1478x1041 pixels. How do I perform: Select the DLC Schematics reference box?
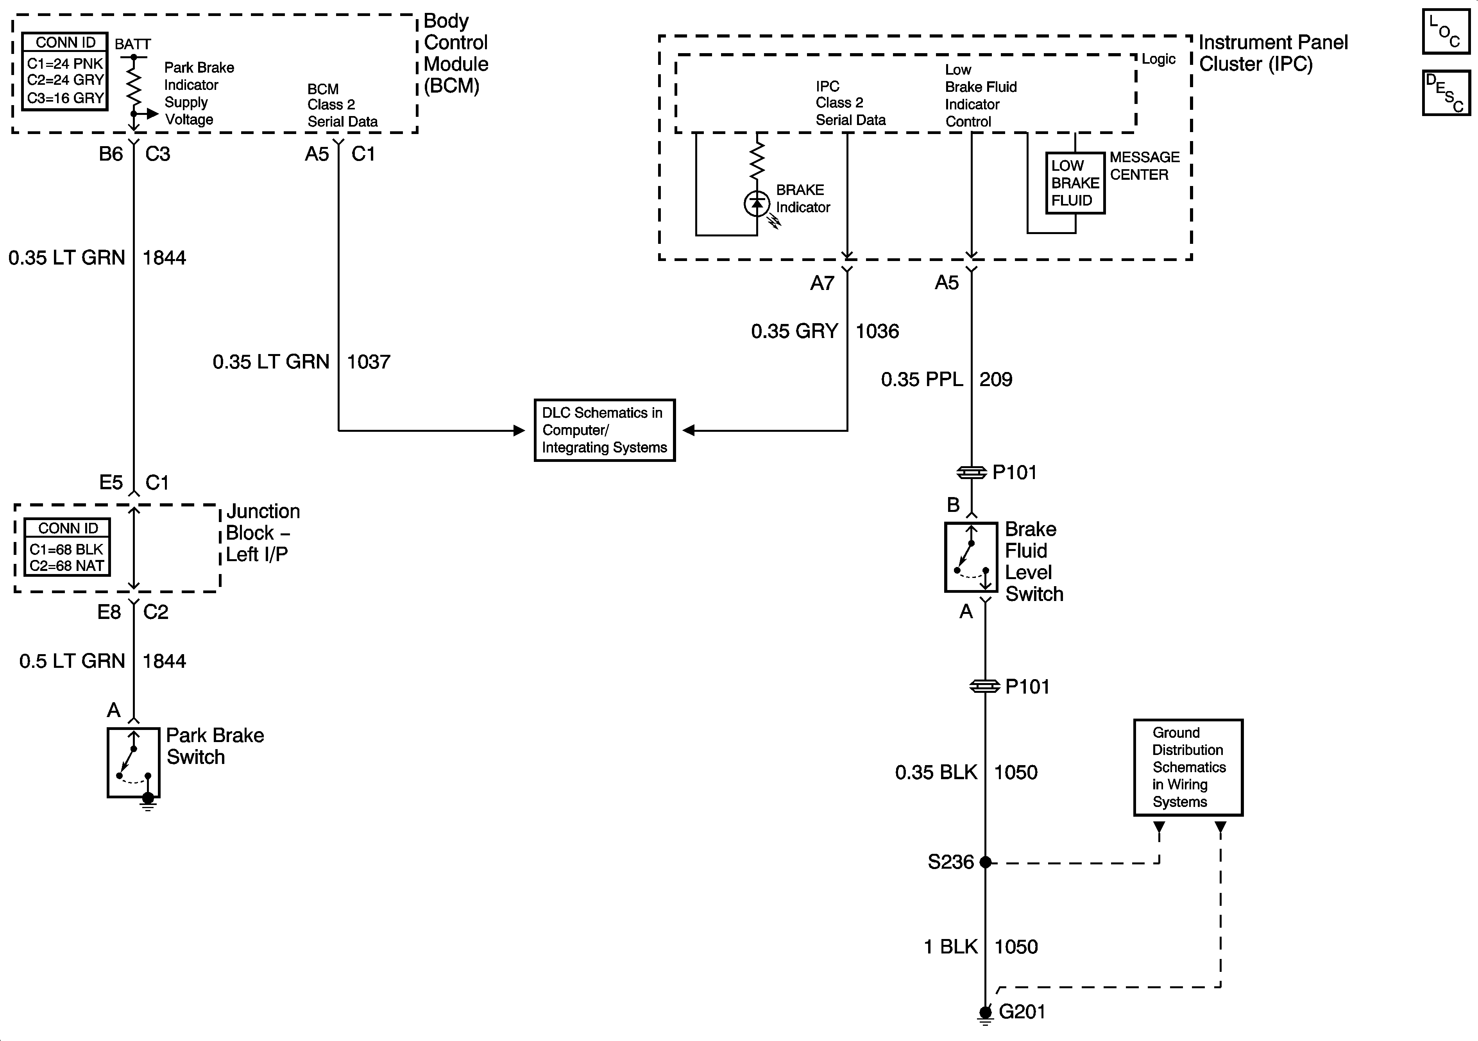pyautogui.click(x=605, y=430)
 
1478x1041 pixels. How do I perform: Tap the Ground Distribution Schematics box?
pyautogui.click(x=1188, y=767)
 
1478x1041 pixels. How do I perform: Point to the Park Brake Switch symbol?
pyautogui.click(x=133, y=763)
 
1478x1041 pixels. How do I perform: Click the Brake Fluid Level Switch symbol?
pyautogui.click(x=971, y=557)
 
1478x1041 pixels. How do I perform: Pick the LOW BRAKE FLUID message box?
pyautogui.click(x=1074, y=183)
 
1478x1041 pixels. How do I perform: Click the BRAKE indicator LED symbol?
pyautogui.click(x=757, y=204)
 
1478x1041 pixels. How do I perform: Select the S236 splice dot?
pyautogui.click(x=985, y=862)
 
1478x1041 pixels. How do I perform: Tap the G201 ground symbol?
pyautogui.click(x=985, y=1014)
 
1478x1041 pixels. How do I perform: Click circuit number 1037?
pyautogui.click(x=368, y=362)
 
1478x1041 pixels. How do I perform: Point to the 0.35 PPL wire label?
pyautogui.click(x=922, y=379)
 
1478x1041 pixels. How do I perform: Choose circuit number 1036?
pyautogui.click(x=877, y=331)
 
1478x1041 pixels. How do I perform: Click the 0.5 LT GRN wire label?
pyautogui.click(x=72, y=661)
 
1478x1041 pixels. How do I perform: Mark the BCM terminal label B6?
pyautogui.click(x=111, y=154)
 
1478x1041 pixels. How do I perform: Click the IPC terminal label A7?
pyautogui.click(x=822, y=283)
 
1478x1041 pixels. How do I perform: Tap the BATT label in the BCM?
pyautogui.click(x=132, y=45)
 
